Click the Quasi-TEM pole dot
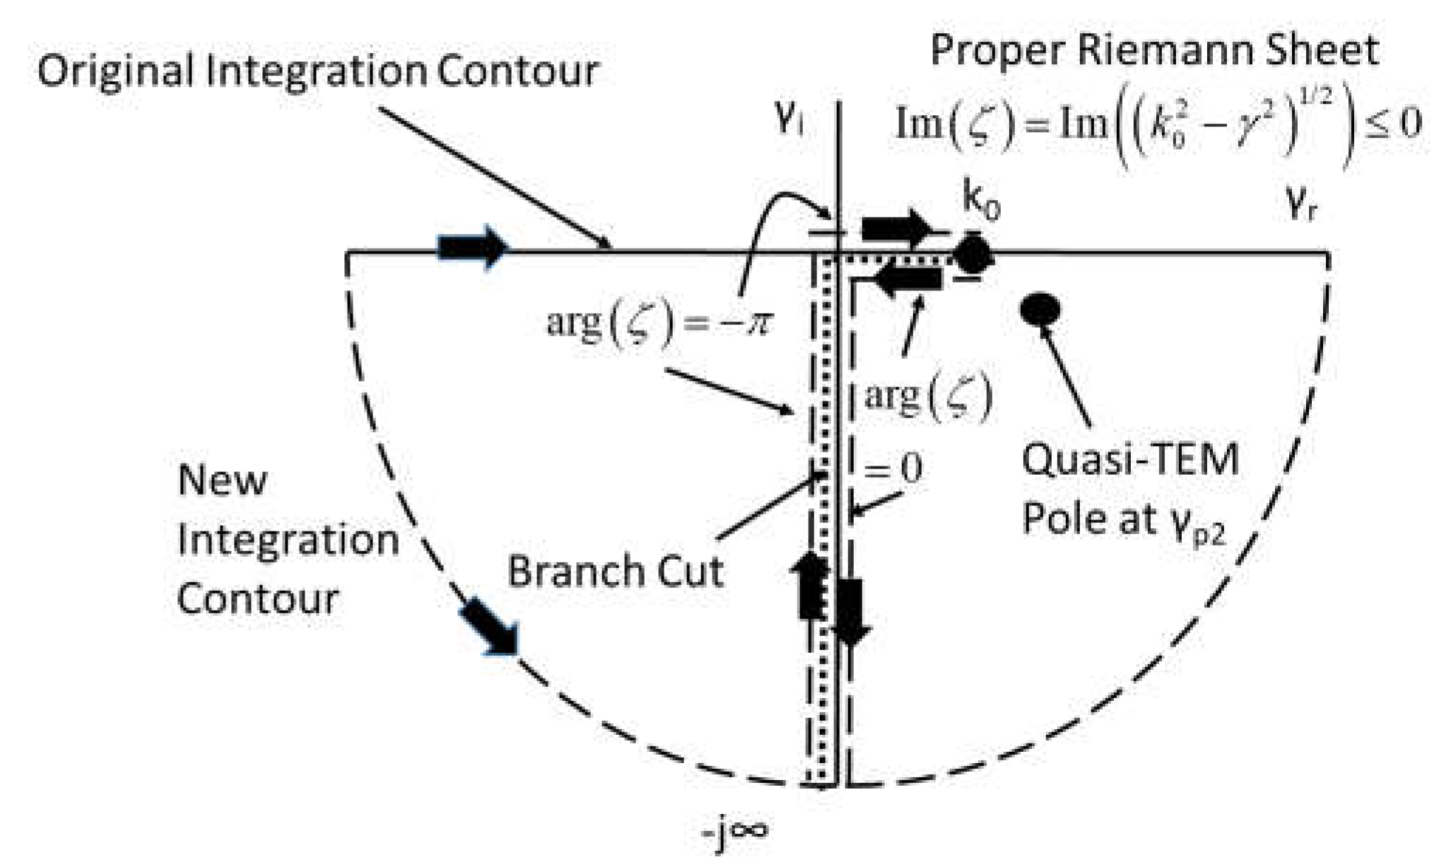click(x=1040, y=309)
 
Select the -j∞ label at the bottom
click(x=735, y=831)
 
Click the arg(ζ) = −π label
click(x=659, y=324)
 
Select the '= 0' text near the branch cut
click(x=893, y=468)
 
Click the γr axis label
click(x=1300, y=205)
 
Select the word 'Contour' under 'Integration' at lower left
click(x=257, y=599)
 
